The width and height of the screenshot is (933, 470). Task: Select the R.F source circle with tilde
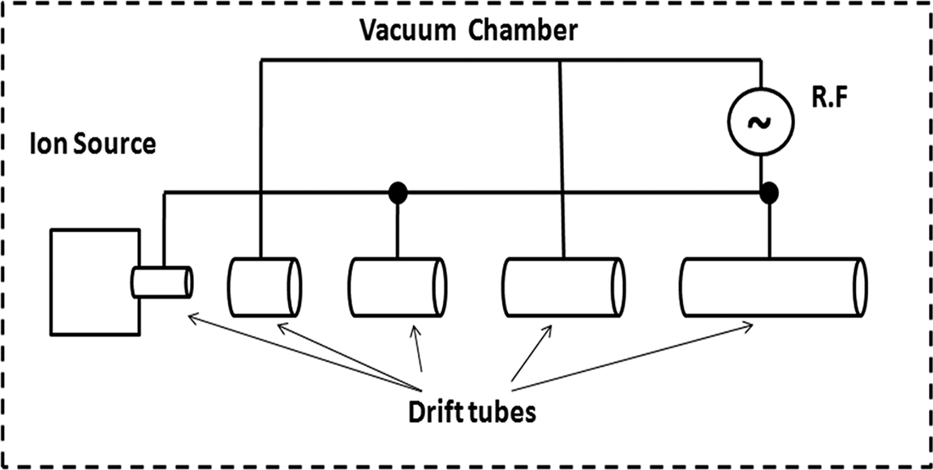pyautogui.click(x=760, y=122)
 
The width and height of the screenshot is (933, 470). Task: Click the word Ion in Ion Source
pyautogui.click(x=41, y=145)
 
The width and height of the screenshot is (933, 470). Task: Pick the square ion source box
pyautogui.click(x=94, y=282)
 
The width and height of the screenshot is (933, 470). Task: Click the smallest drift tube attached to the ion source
pyautogui.click(x=162, y=282)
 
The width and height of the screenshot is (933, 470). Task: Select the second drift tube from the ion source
pyautogui.click(x=264, y=287)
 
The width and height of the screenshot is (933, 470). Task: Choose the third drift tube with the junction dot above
pyautogui.click(x=398, y=287)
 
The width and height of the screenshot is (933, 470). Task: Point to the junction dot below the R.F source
pyautogui.click(x=767, y=192)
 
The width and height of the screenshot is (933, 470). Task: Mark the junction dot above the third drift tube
pyautogui.click(x=398, y=192)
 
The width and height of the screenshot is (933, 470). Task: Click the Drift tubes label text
pyautogui.click(x=471, y=412)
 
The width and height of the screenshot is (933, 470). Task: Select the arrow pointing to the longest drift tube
pyautogui.click(x=633, y=355)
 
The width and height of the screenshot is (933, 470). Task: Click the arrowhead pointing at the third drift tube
pyautogui.click(x=415, y=331)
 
